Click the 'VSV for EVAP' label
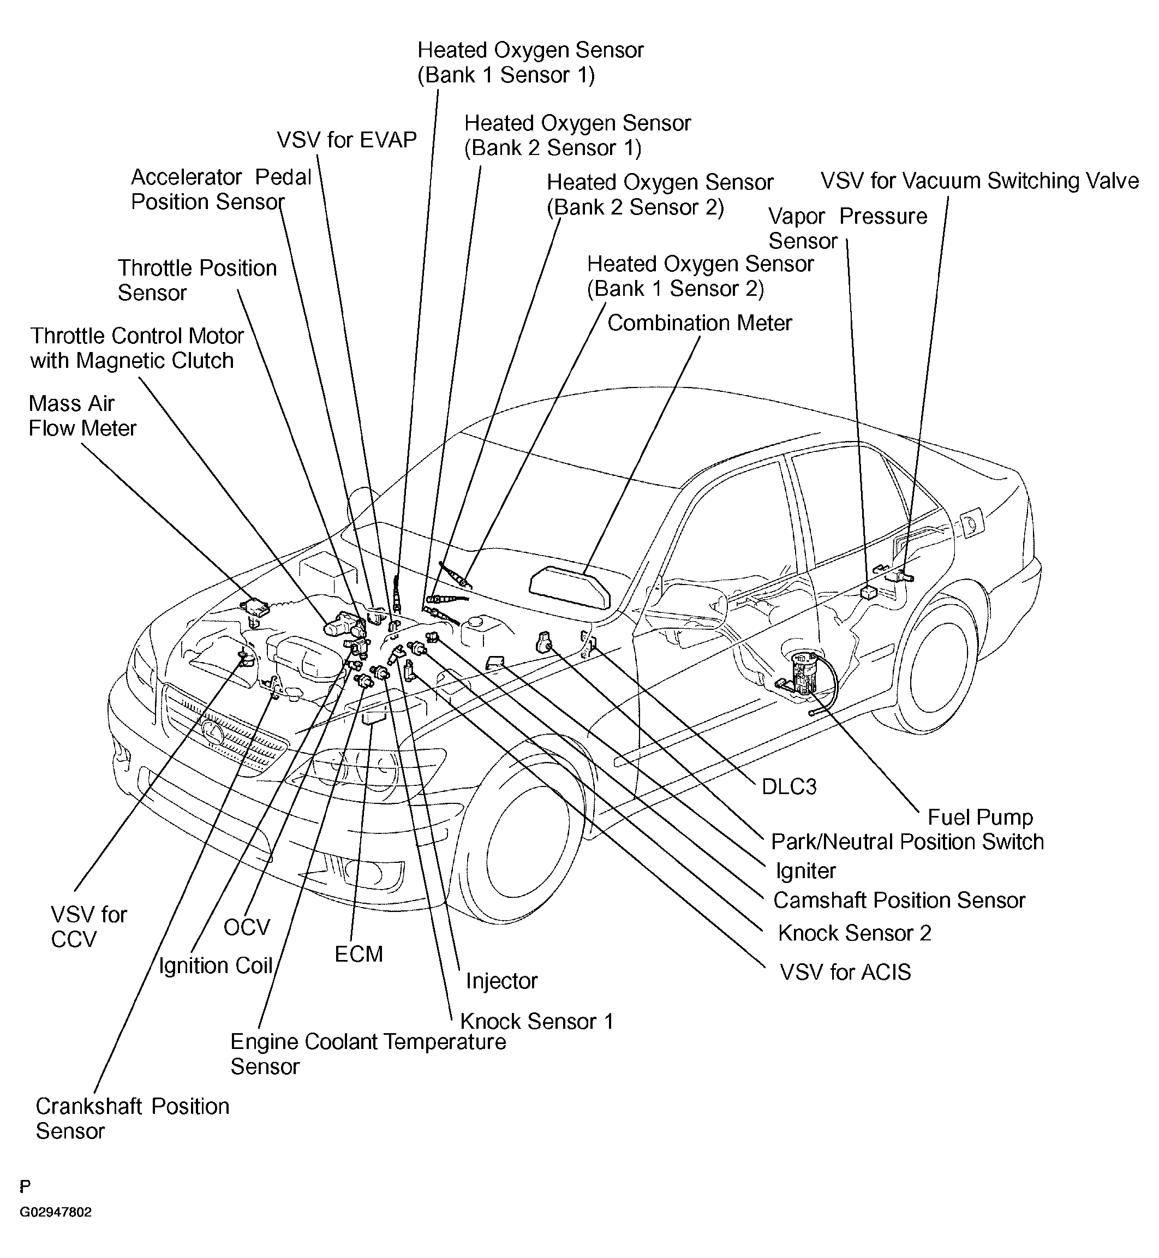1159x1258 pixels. click(x=347, y=140)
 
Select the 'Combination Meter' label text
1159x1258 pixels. click(x=700, y=323)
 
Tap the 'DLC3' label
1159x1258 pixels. click(x=789, y=786)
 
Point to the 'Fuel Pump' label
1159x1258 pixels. click(x=979, y=817)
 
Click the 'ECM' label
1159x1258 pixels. click(x=358, y=954)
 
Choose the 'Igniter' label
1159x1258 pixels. click(x=805, y=871)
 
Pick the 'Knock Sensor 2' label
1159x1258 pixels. click(x=854, y=933)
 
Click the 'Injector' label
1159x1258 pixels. click(x=501, y=981)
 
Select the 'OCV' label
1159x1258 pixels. click(x=247, y=927)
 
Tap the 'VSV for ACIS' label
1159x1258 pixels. click(x=845, y=972)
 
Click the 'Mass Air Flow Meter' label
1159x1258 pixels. click(x=82, y=416)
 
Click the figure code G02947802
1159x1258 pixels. click(x=56, y=1229)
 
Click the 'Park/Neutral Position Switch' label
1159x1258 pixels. click(x=907, y=842)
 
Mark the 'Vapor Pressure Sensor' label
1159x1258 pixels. click(x=847, y=228)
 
